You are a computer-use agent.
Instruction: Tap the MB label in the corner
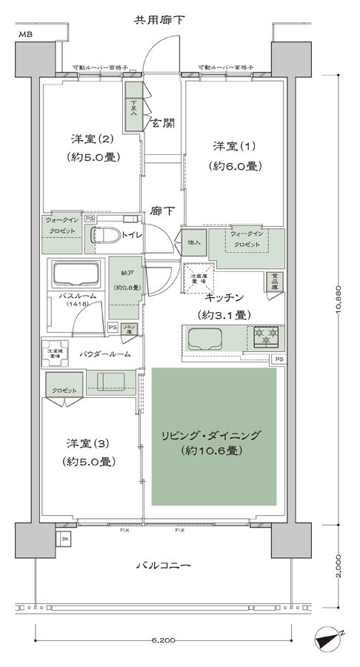[x=26, y=35]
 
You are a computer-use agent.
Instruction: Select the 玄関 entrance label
[x=163, y=123]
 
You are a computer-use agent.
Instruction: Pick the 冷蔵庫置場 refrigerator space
[x=198, y=279]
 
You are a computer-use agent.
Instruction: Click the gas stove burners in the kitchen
[x=267, y=337]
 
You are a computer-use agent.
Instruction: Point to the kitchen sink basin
[x=207, y=339]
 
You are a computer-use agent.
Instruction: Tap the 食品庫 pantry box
[x=275, y=283]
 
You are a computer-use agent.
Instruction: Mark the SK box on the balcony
[x=64, y=539]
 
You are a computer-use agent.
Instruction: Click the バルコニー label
[x=164, y=565]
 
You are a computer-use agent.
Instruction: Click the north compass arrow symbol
[x=328, y=637]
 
